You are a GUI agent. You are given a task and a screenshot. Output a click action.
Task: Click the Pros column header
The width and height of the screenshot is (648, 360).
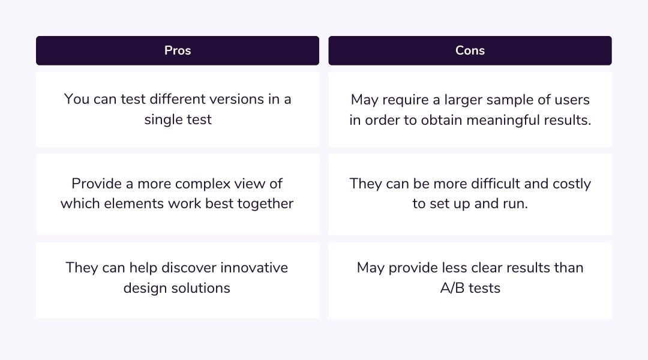click(178, 50)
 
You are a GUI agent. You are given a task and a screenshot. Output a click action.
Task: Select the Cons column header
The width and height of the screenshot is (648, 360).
click(470, 50)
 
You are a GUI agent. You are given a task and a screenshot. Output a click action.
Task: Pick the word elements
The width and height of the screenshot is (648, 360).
click(130, 203)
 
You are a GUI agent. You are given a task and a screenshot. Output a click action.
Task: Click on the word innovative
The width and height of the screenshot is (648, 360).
click(254, 268)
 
